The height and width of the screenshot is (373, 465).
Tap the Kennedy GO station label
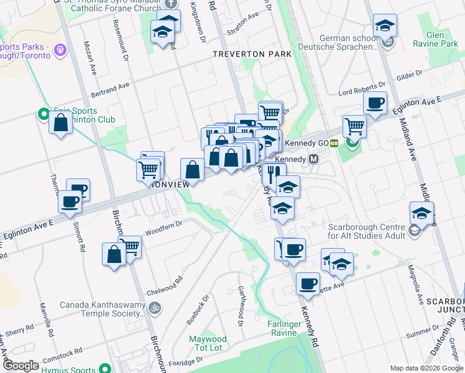point(306,143)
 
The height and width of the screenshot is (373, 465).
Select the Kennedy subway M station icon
point(314,159)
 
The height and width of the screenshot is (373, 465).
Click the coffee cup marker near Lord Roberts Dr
point(375,103)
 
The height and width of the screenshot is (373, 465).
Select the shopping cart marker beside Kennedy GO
point(354,126)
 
